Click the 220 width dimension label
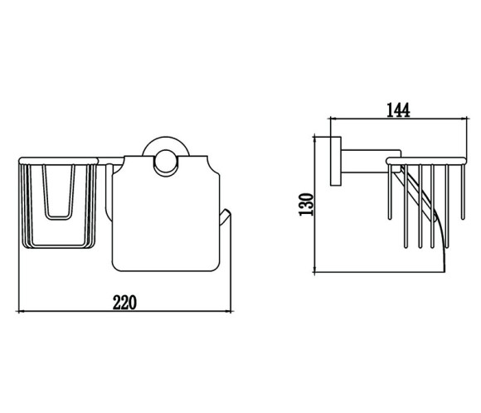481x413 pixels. click(124, 303)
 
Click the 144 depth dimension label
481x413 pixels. click(398, 110)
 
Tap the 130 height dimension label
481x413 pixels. click(306, 204)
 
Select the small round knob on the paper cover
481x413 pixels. click(166, 163)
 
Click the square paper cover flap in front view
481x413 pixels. click(166, 214)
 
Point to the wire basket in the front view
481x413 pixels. click(58, 202)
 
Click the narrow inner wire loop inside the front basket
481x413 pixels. click(58, 192)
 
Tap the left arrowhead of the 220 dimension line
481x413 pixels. click(20, 311)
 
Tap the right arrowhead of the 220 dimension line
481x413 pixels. click(229, 311)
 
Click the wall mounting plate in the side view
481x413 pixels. click(336, 161)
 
